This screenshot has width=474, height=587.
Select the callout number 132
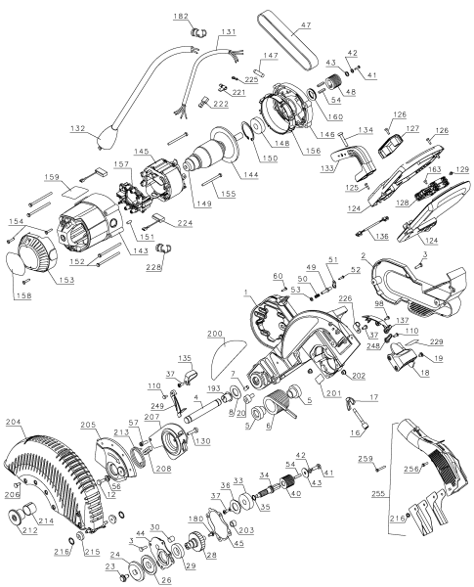click(x=79, y=128)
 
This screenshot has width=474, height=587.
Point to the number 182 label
click(x=181, y=17)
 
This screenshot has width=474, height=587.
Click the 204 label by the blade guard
click(x=13, y=422)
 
